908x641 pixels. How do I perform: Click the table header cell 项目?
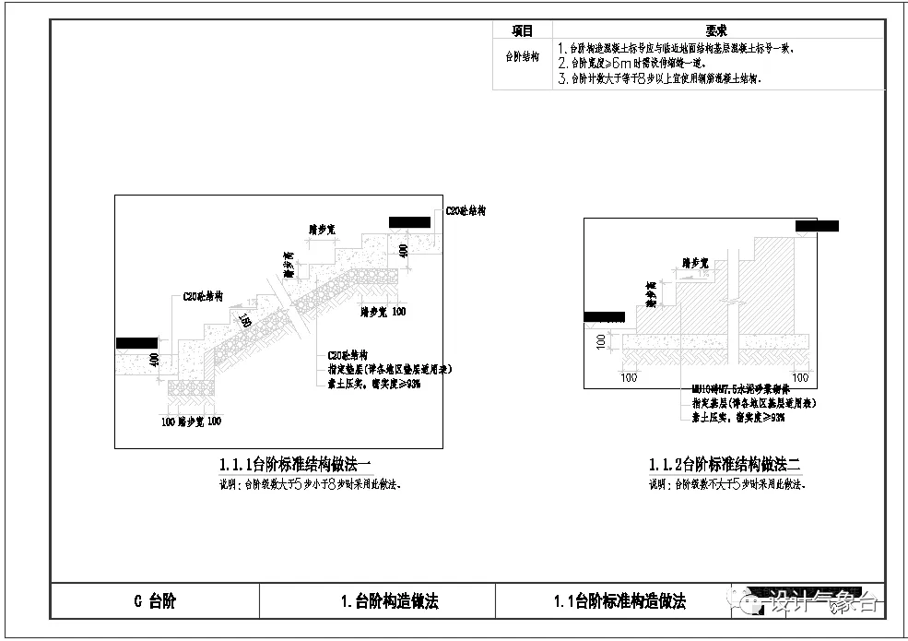click(523, 30)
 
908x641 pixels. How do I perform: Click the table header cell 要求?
click(716, 30)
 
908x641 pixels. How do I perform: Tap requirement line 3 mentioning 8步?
click(658, 79)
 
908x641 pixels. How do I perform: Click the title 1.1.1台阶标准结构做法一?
click(295, 464)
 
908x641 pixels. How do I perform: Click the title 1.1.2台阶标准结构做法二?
click(725, 465)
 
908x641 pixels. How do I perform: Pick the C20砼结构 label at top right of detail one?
click(466, 211)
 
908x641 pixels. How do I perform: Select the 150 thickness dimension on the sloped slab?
click(245, 321)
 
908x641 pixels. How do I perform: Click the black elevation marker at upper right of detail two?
click(817, 226)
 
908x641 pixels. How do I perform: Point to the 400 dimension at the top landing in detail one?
click(402, 250)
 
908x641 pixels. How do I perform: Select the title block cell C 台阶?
click(154, 602)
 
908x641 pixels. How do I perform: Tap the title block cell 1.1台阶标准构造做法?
click(619, 602)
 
